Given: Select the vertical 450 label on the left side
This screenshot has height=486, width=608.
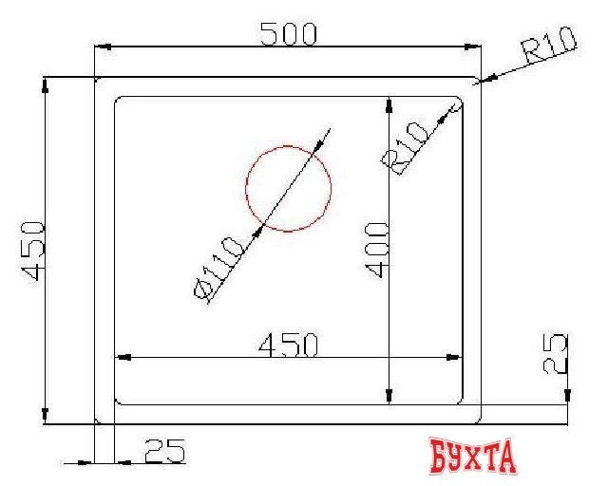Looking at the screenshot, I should pos(31,251).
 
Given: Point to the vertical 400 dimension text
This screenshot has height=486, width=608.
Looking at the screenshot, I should pos(376,249).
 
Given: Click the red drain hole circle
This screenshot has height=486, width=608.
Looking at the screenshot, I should pos(289,189).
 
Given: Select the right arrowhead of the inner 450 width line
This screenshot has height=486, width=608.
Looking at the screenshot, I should pos(457,358).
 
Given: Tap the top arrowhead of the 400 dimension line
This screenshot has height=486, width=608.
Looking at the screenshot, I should pos(389,103).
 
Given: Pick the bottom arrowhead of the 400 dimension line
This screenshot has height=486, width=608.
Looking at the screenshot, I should pos(389,398).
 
